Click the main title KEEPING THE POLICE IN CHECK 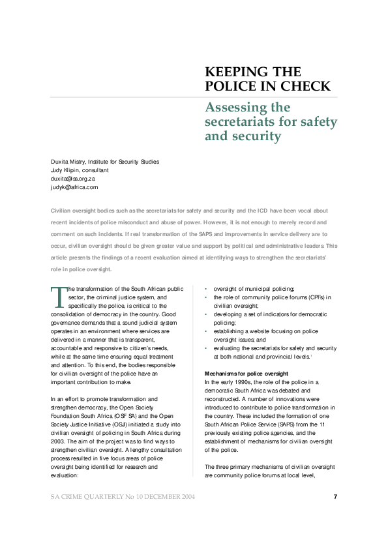click(x=267, y=79)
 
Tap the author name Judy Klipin click(x=65, y=170)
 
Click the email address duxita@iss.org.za click(x=73, y=179)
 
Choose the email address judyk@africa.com click(x=74, y=187)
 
